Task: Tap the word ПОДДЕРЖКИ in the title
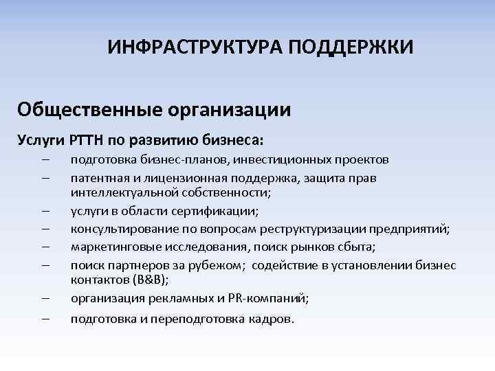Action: (351, 48)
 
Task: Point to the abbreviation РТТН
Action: (86, 140)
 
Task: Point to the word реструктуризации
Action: (313, 229)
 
